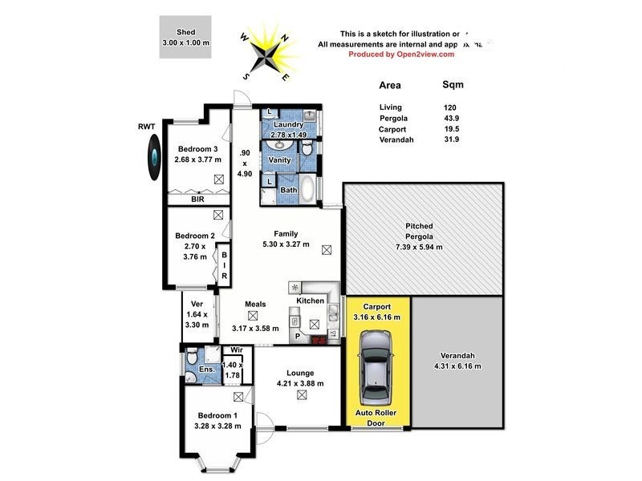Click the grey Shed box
(185, 37)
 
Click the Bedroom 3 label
(197, 149)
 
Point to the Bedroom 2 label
(195, 236)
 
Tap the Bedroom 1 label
(218, 414)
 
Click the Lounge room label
(297, 373)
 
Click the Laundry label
(288, 124)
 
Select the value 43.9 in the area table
(453, 118)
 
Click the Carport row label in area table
(392, 128)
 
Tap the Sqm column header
(453, 84)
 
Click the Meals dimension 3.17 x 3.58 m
(255, 328)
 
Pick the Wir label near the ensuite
(236, 350)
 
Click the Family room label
(286, 233)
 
